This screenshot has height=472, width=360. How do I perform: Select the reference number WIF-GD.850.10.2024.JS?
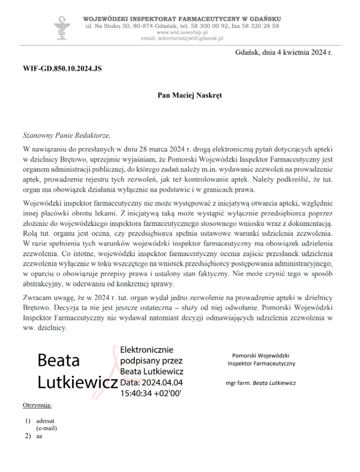click(x=62, y=68)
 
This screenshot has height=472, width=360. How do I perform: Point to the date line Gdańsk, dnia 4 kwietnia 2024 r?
click(x=283, y=52)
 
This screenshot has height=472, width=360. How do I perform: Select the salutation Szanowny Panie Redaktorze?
click(x=66, y=135)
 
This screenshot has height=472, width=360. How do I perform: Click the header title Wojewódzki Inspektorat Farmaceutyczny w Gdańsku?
click(x=182, y=19)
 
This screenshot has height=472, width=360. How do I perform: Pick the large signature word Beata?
click(x=59, y=360)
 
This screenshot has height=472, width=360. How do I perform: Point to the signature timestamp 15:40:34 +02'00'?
click(x=150, y=394)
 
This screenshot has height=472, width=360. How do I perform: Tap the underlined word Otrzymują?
click(x=37, y=405)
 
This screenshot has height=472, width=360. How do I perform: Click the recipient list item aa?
click(x=39, y=436)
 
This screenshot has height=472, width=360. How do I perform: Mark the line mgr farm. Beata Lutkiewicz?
click(x=261, y=383)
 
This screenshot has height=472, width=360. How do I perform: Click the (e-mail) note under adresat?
click(x=47, y=428)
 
